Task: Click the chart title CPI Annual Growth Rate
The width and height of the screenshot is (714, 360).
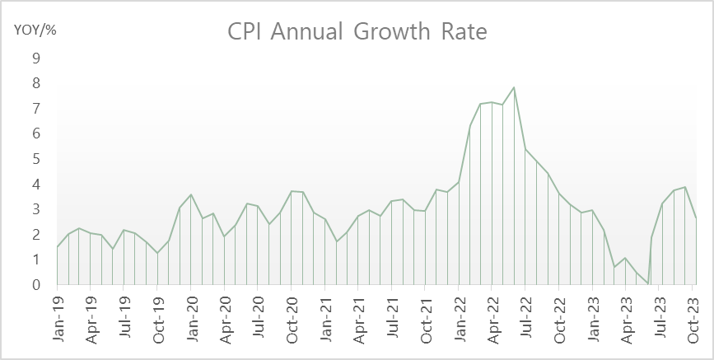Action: pyautogui.click(x=357, y=32)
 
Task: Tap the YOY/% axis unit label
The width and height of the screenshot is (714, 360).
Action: pyautogui.click(x=34, y=30)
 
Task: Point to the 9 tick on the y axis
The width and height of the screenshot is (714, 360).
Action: pyautogui.click(x=35, y=58)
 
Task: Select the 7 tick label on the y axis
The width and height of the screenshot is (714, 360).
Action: pyautogui.click(x=35, y=109)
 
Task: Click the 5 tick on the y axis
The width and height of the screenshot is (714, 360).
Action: pyautogui.click(x=35, y=159)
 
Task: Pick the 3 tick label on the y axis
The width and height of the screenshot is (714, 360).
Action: pyautogui.click(x=35, y=209)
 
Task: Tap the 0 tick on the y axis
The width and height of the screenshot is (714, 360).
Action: pyautogui.click(x=35, y=285)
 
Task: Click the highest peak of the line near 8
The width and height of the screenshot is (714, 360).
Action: pyautogui.click(x=514, y=87)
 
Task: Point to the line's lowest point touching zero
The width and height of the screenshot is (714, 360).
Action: pyautogui.click(x=648, y=284)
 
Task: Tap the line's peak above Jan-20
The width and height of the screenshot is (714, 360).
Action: pyautogui.click(x=191, y=194)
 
